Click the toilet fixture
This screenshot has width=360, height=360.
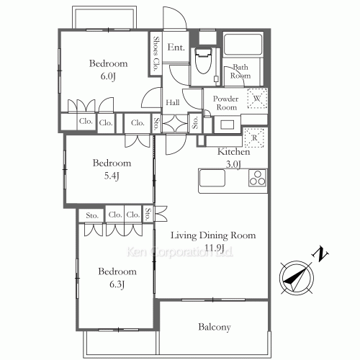pos(203,61)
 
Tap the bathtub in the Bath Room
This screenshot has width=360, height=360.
pos(243,45)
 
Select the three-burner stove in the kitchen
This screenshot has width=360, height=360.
pos(258,178)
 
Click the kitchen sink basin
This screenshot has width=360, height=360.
pos(212,178)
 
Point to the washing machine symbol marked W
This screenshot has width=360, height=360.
pos(257,98)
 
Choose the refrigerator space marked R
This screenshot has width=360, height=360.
pos(254,138)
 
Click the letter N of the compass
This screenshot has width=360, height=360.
pos(320,255)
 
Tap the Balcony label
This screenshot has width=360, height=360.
pos(215,327)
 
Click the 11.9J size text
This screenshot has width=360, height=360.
pos(215,247)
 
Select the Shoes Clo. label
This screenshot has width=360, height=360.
pos(156,54)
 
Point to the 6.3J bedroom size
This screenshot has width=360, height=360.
pos(117,284)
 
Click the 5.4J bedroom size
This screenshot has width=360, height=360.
pos(112,176)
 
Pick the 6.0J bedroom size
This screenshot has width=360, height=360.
pos(108,76)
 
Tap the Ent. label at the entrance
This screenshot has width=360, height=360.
pos(176,48)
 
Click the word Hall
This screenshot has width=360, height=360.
pos(173,103)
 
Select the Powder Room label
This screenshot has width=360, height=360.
pos(226,103)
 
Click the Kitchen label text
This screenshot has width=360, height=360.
pos(233,152)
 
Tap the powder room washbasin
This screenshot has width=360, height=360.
pos(227,125)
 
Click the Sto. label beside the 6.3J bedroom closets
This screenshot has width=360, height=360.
pos(92,215)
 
